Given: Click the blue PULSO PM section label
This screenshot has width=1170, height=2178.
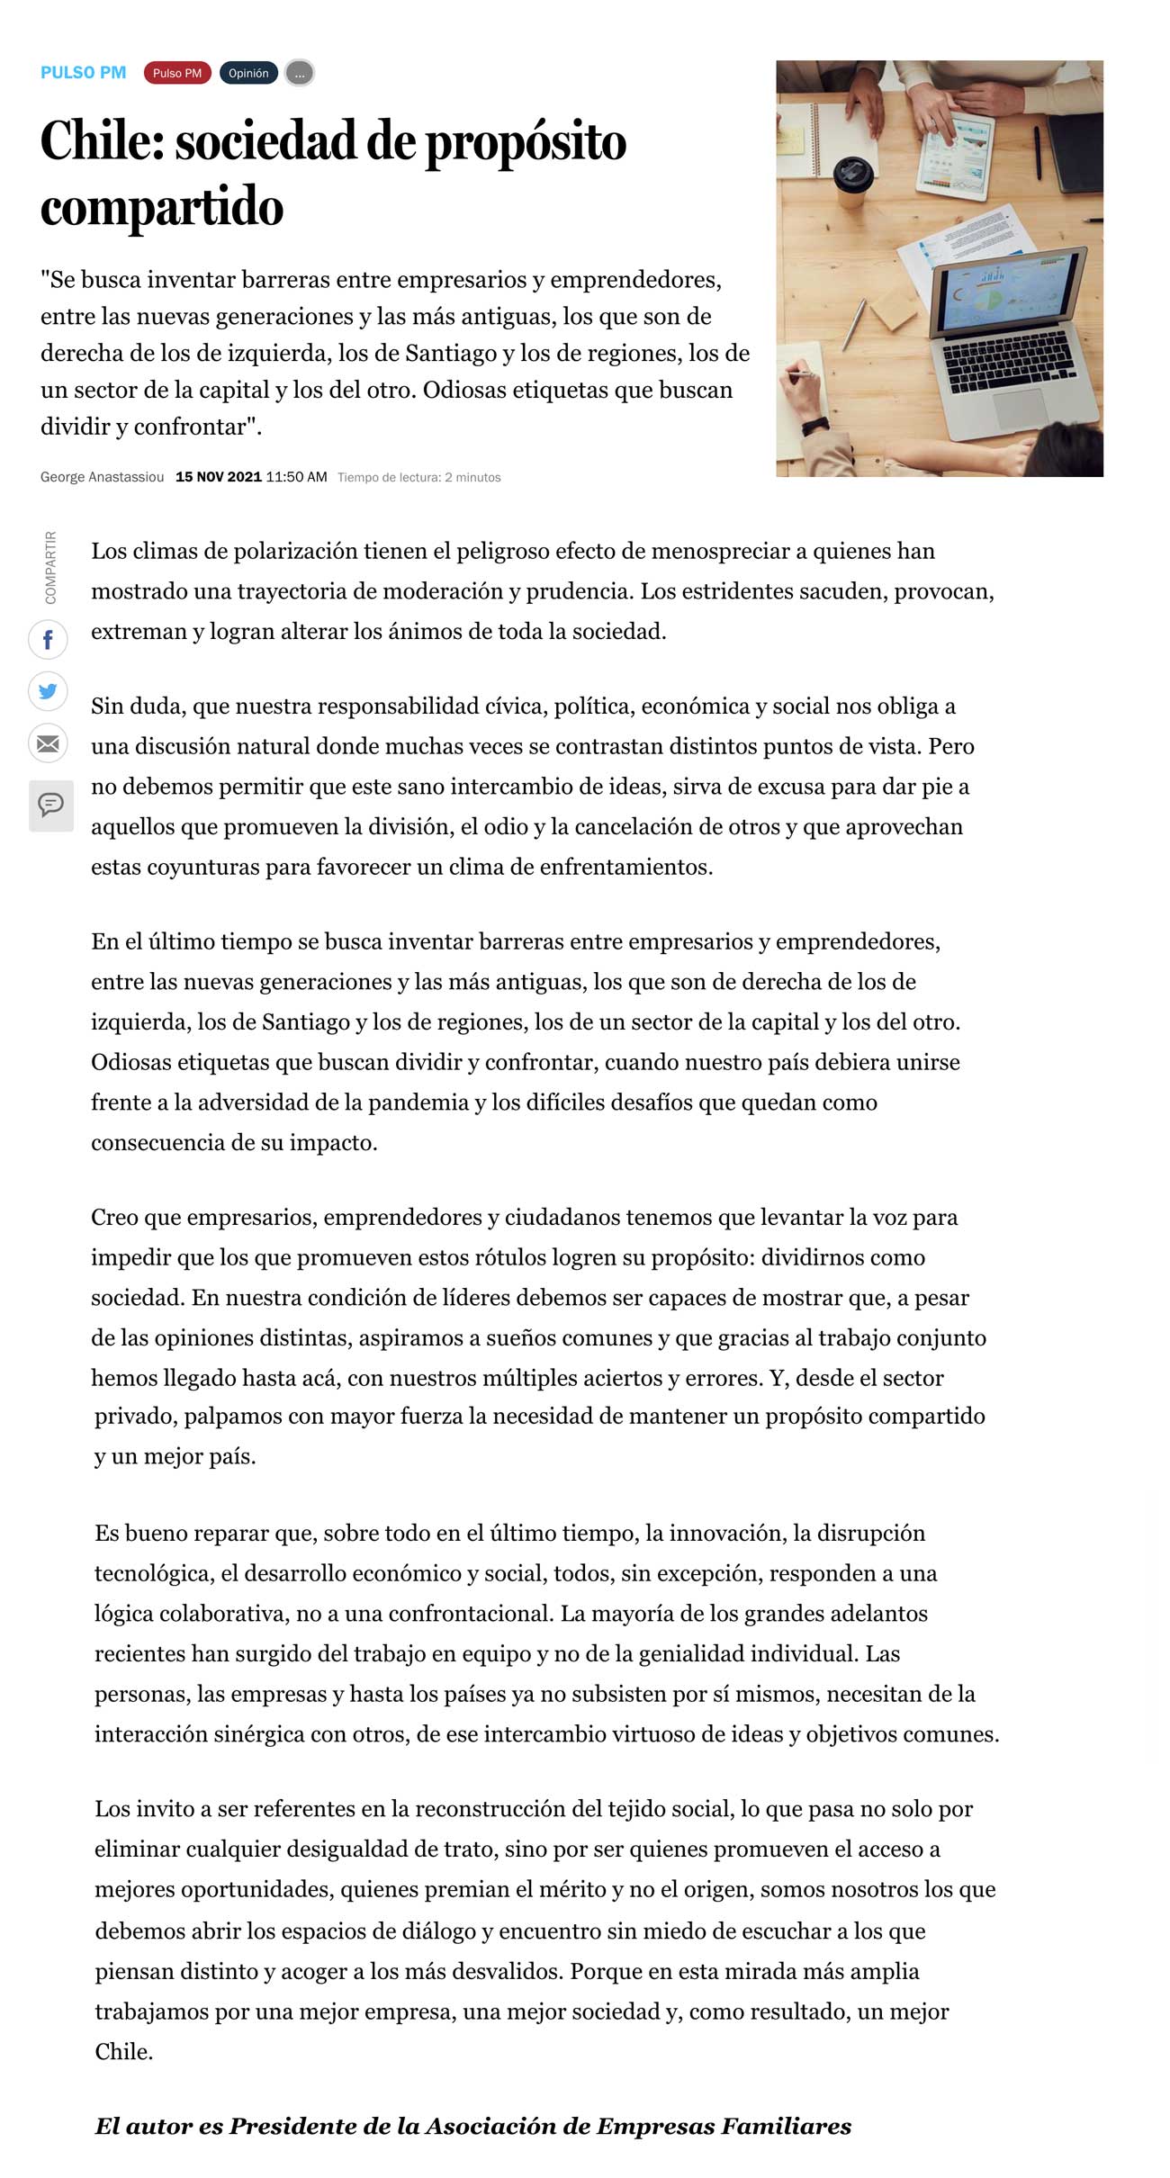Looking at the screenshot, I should [83, 73].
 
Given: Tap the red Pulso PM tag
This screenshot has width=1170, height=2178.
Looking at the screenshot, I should [177, 73].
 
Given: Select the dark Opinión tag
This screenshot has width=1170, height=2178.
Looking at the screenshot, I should [248, 73].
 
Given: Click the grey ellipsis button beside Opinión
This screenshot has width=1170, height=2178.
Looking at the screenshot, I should [300, 74].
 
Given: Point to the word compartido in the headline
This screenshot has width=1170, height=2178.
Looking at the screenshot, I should [162, 208].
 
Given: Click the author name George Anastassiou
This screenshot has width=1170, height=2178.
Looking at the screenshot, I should [102, 477].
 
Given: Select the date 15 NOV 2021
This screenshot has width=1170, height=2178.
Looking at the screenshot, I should [219, 477].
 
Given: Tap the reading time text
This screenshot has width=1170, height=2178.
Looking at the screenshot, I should [418, 477].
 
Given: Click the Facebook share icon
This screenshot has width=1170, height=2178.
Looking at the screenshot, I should [48, 640].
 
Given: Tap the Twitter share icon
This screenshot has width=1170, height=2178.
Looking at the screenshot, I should [48, 691].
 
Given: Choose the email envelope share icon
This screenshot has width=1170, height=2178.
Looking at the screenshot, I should [48, 743].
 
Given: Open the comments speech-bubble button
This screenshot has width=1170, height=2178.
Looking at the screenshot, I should [50, 804].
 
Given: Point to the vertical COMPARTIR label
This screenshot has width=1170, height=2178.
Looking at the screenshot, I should [50, 567].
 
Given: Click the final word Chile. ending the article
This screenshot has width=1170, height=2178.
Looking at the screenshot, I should [124, 2051].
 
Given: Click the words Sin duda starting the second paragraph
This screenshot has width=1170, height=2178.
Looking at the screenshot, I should [138, 706].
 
